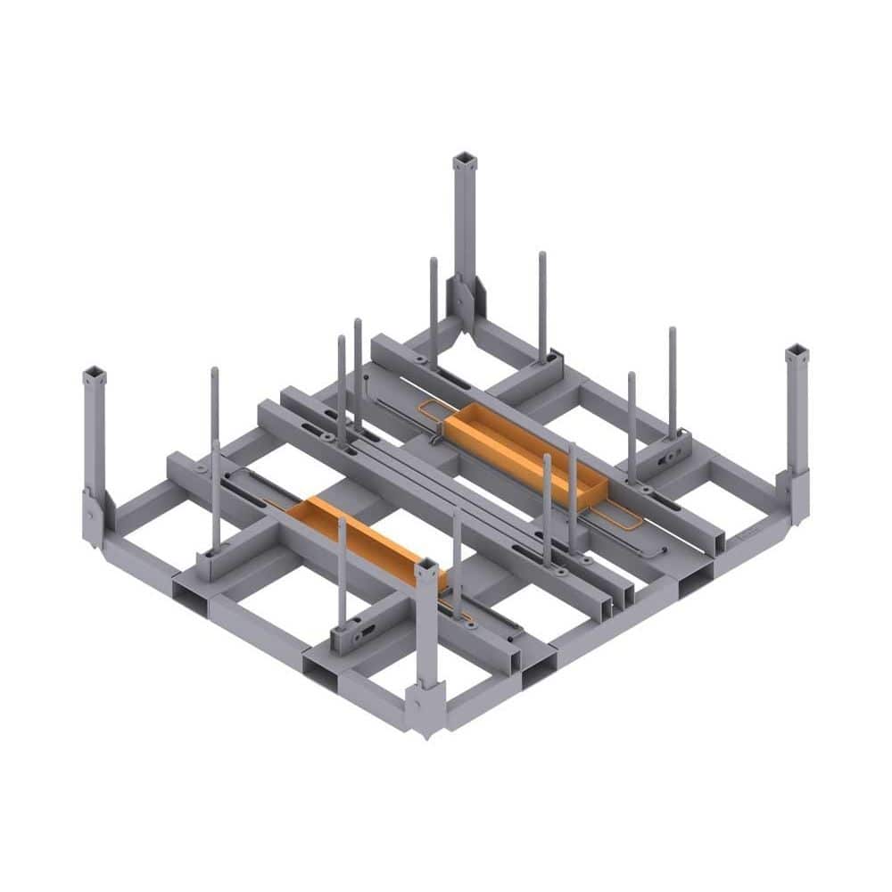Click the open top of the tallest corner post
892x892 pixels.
tap(465, 161)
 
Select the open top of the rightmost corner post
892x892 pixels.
tap(797, 352)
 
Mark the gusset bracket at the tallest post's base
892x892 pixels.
tap(465, 299)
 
